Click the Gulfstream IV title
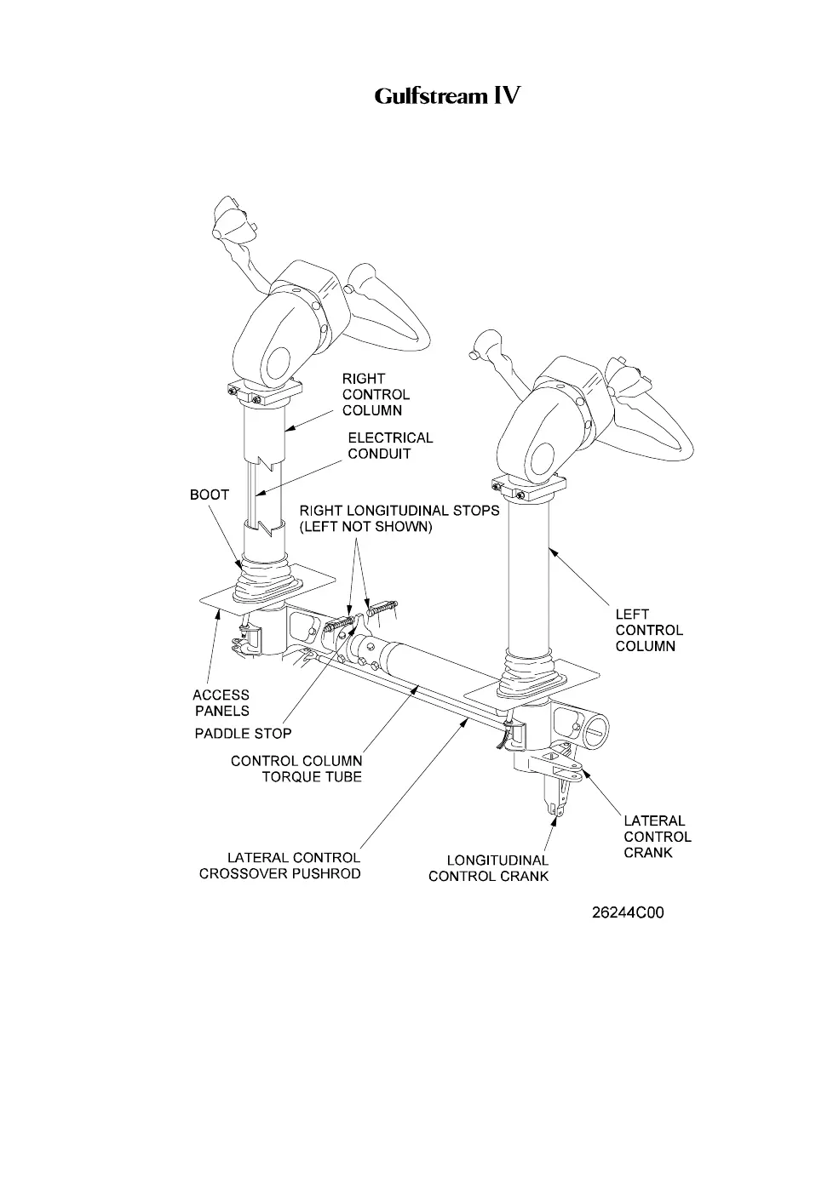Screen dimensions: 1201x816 click(446, 96)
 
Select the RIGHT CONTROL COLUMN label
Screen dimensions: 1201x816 click(376, 394)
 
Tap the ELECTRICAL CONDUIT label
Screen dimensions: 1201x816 click(390, 445)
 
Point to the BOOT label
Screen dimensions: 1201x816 click(209, 495)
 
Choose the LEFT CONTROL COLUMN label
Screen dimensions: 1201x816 click(649, 630)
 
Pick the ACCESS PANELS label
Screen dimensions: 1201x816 click(221, 703)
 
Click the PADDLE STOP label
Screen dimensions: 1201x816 click(243, 734)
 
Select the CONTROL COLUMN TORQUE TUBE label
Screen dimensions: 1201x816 click(296, 768)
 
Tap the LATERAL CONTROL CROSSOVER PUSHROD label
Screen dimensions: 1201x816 click(280, 866)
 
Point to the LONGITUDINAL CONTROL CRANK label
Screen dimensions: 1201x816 click(488, 868)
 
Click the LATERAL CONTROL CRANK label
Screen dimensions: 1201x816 click(657, 837)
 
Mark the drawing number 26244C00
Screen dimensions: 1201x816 click(628, 913)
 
